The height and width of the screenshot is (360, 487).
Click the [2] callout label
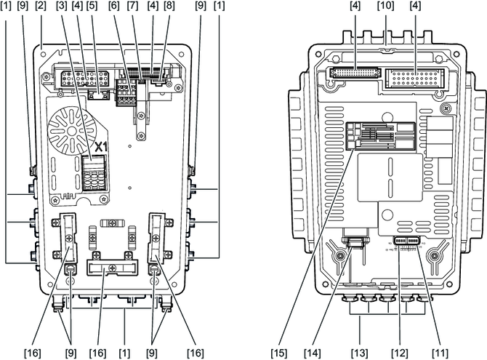pyautogui.click(x=41, y=6)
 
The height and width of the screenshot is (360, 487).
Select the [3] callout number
pyautogui.click(x=62, y=6)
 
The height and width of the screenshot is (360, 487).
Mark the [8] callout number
pyautogui.click(x=169, y=6)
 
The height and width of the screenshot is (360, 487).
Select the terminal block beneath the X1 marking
pyautogui.click(x=92, y=175)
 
